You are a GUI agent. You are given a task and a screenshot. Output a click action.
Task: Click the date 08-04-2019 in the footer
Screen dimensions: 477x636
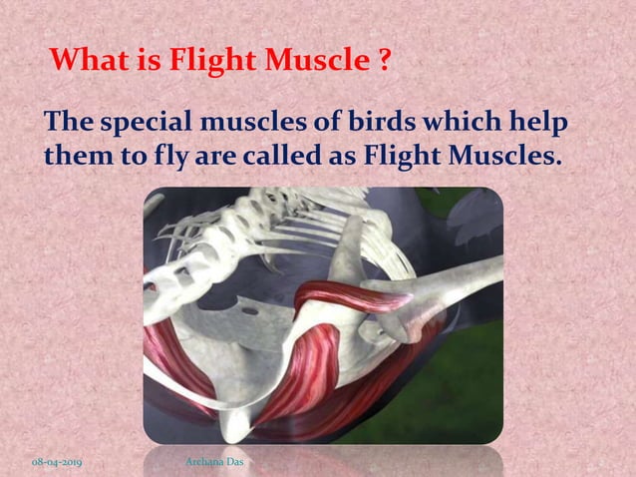click(56, 463)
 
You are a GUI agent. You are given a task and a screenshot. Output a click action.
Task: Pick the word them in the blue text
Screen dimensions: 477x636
click(74, 158)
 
